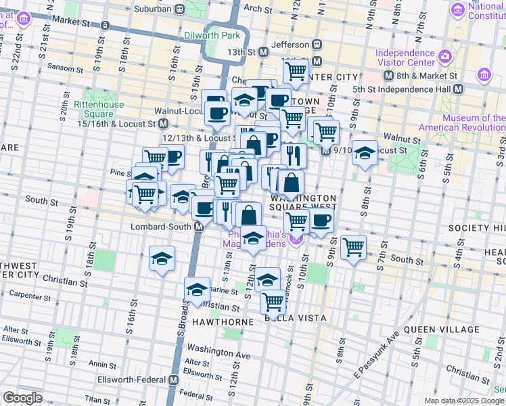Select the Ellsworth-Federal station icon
point(174,380)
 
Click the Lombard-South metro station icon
point(199,227)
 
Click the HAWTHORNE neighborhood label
point(224,322)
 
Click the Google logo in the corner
point(23,398)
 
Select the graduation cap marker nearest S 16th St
point(161,258)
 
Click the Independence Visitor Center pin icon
point(446,55)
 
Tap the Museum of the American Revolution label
point(462,122)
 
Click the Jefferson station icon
point(317,43)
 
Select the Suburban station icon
point(179,9)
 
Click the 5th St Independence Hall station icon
point(458,89)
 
